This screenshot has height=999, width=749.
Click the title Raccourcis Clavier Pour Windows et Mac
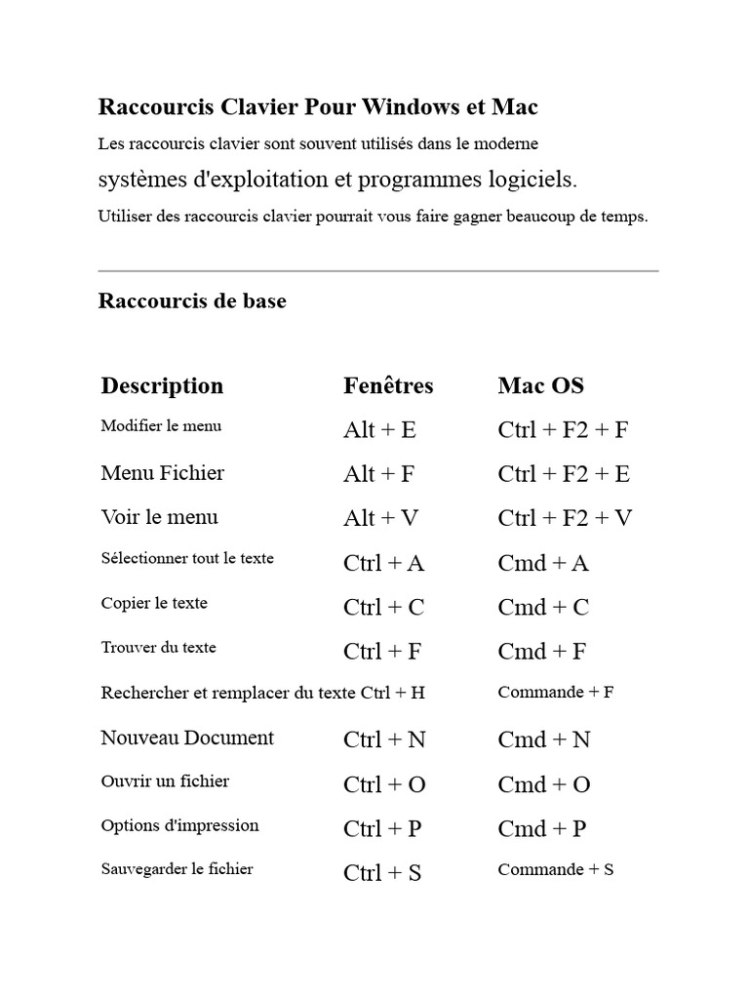point(318,106)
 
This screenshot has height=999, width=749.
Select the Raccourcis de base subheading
point(192,300)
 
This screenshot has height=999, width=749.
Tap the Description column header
point(162,385)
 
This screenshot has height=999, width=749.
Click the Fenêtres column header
point(388,385)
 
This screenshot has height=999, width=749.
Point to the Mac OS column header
point(540,385)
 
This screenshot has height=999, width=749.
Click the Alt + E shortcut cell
point(379,430)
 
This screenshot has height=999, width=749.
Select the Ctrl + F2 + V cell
point(565,518)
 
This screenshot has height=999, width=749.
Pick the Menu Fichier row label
point(162,473)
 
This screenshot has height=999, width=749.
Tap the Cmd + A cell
point(543,563)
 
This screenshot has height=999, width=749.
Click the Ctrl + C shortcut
point(383,607)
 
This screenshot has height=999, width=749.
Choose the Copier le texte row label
point(154,603)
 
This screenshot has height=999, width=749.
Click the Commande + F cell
point(555,692)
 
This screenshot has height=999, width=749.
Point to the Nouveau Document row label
point(187,738)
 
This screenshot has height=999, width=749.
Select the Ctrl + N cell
point(384,739)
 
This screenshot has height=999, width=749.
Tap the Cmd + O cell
point(544,784)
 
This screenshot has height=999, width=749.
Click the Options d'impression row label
point(179,825)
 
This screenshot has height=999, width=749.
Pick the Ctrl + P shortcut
point(382,828)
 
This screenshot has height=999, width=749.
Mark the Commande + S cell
point(555,869)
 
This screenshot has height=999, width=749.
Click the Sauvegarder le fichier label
point(177,868)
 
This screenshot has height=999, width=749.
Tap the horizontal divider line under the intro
point(378,270)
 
